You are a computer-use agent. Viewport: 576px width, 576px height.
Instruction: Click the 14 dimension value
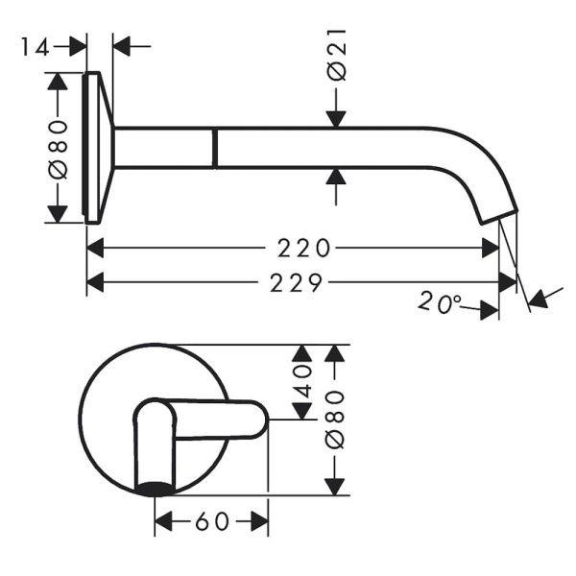click(35, 47)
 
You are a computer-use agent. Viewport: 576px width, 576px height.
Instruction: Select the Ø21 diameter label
click(337, 55)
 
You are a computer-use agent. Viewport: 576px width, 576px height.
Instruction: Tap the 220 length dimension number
click(303, 248)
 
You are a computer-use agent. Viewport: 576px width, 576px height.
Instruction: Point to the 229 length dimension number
click(296, 283)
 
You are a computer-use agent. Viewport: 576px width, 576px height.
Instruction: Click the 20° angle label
click(440, 302)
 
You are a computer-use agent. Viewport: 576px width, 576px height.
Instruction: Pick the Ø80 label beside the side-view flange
click(58, 150)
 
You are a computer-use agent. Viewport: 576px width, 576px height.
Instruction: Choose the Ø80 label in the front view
click(335, 420)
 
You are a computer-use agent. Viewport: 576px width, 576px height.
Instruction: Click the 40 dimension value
click(302, 382)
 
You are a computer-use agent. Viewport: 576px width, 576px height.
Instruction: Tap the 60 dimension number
click(212, 521)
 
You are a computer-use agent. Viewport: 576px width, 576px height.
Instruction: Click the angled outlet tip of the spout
click(499, 217)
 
